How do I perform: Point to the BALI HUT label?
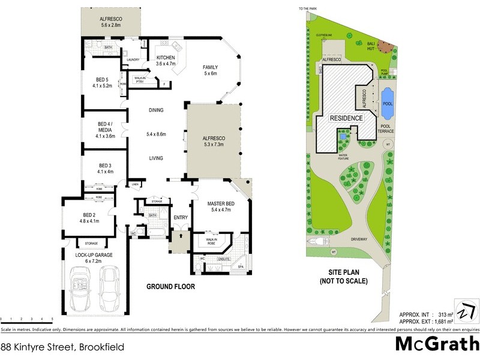click(373, 46)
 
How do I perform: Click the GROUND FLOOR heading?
click(171, 287)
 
